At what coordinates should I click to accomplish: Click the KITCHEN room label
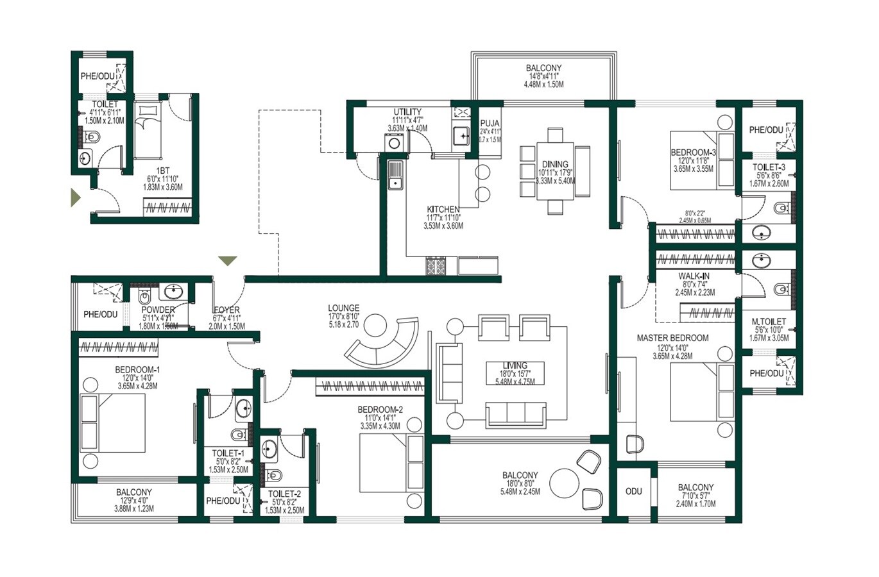443,210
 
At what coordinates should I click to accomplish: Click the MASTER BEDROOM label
672,338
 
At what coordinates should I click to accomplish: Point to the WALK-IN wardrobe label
694,276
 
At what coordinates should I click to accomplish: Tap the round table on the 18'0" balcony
565,482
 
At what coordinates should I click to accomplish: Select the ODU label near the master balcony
633,491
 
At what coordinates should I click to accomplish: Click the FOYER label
226,310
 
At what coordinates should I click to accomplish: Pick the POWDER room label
158,310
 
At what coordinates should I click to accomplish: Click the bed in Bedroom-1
113,422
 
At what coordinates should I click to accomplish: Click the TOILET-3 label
769,167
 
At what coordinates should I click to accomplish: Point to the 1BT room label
163,171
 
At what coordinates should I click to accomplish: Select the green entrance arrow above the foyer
227,261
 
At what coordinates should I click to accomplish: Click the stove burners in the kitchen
436,266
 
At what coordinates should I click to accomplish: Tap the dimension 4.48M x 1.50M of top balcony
543,85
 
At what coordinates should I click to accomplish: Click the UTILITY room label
407,112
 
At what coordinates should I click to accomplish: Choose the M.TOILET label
769,322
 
